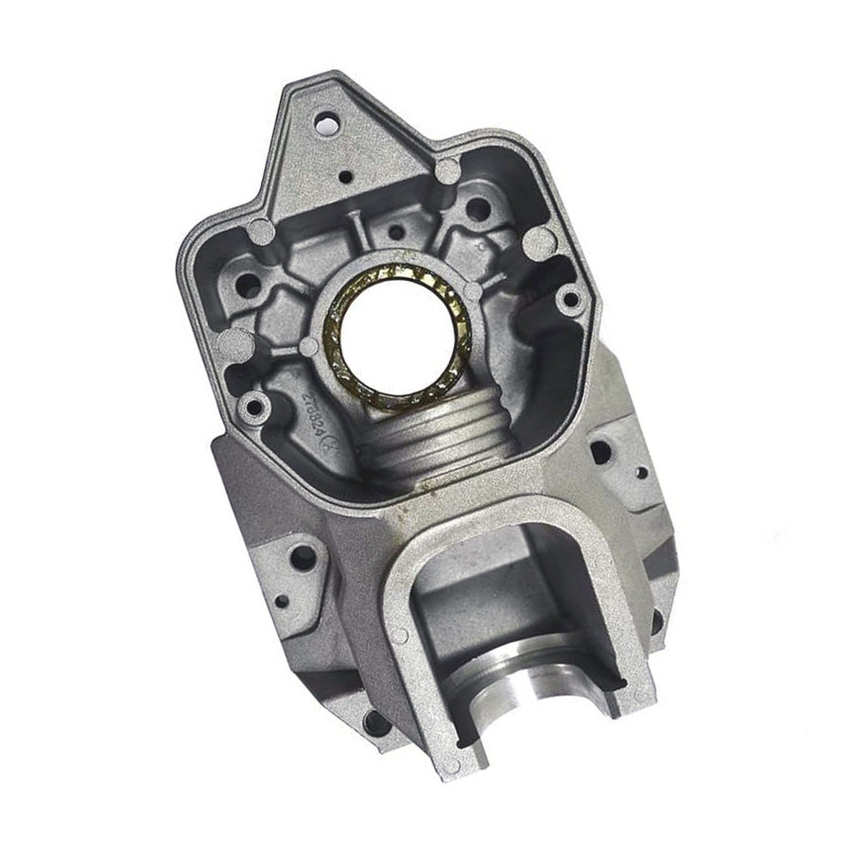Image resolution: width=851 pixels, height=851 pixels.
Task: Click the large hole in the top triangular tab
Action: coord(325,122)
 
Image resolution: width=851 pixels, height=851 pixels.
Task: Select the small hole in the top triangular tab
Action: coord(346,176)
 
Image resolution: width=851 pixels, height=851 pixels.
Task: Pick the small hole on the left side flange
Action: coord(282,599)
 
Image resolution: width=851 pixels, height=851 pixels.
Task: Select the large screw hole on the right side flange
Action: coord(600,451)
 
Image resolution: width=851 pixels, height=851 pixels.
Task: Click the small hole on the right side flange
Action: coord(642,472)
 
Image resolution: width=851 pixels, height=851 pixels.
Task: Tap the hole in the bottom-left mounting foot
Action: coord(375,723)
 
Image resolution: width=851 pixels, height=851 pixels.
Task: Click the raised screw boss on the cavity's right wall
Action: coord(569,300)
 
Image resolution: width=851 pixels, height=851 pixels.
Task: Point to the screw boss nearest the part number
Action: coord(253,408)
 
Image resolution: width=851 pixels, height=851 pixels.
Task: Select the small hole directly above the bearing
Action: coord(396,232)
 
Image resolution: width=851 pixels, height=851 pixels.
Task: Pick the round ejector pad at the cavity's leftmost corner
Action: coord(234,344)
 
